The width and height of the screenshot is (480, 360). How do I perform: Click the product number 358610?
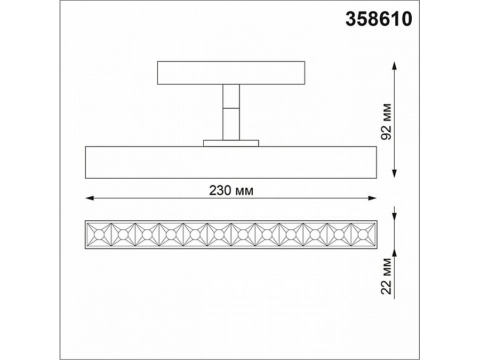[x=379, y=19]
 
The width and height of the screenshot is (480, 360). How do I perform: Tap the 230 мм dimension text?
[x=231, y=190]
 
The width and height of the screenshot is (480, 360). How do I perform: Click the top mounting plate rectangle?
[x=231, y=73]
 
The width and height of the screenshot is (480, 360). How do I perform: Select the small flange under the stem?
[x=231, y=143]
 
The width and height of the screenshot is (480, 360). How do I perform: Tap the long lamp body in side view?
[x=231, y=162]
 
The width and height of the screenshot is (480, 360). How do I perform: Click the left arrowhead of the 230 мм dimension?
[x=89, y=198]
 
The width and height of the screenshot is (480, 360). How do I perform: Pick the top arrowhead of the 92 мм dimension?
[x=395, y=65]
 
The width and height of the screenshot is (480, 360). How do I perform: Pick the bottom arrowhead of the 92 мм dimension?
[x=395, y=174]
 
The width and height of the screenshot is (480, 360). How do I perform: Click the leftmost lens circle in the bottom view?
[x=99, y=234]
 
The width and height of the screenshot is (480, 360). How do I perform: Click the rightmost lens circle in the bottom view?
[x=363, y=234]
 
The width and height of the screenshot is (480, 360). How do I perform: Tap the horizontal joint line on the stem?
[x=231, y=108]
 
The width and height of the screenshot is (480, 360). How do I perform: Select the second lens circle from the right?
[x=339, y=234]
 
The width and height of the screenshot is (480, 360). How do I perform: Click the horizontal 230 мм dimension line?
[x=160, y=198]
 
